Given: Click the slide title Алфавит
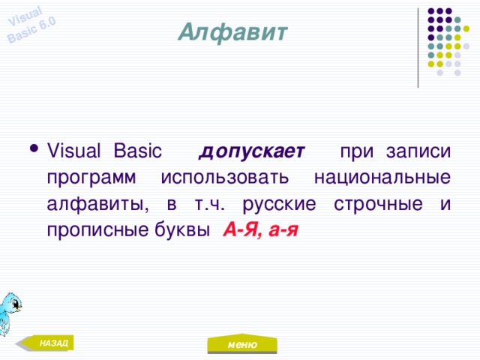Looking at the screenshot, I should pyautogui.click(x=232, y=32).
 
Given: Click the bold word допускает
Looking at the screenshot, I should pyautogui.click(x=251, y=151).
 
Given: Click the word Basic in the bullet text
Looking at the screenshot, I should pyautogui.click(x=136, y=151).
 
